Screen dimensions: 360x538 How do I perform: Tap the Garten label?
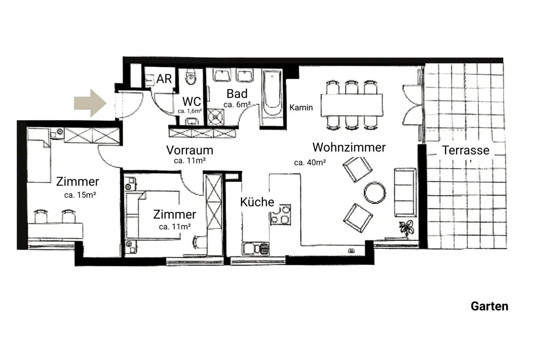(489, 306)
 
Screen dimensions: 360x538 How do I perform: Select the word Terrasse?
(465, 150)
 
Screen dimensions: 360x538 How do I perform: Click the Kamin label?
(301, 108)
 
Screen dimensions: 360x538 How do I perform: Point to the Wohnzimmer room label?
(349, 147)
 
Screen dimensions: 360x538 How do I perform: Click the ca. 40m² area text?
(310, 162)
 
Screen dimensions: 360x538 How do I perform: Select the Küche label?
(257, 202)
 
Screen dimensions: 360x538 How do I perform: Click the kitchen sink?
(255, 249)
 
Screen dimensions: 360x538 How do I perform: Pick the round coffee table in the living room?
(375, 192)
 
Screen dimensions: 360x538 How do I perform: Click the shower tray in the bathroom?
(215, 117)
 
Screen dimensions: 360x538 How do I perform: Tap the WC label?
(192, 102)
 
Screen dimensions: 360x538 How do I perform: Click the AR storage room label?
(164, 79)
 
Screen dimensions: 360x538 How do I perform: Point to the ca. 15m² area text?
(80, 195)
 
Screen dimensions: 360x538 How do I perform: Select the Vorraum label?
(189, 150)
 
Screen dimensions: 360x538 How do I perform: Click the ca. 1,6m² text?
(189, 111)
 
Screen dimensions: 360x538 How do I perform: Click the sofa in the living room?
(405, 192)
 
